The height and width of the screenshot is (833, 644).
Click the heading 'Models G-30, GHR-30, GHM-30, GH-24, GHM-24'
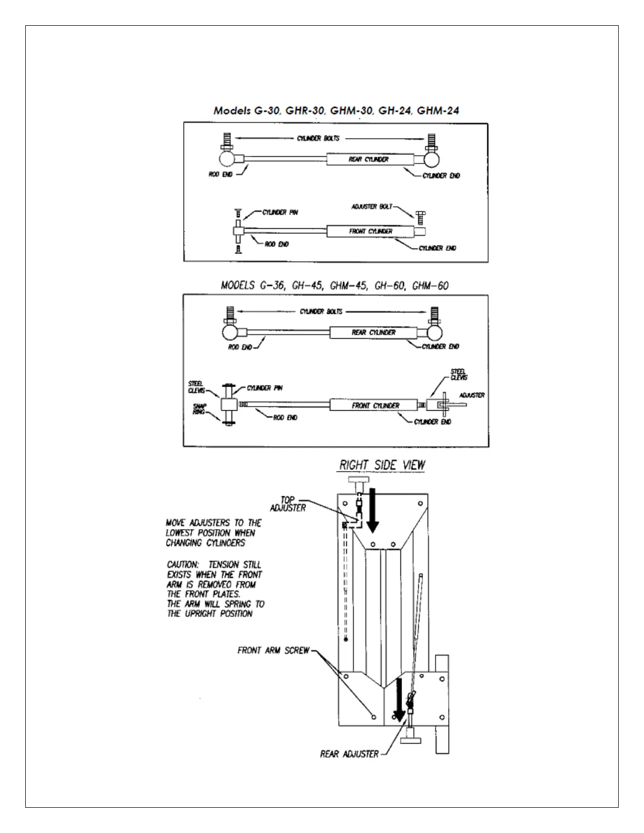(x=336, y=110)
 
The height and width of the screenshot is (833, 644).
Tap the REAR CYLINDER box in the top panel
(x=368, y=159)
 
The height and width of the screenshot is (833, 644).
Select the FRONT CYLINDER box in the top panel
(x=370, y=231)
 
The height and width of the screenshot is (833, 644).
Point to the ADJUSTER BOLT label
(x=371, y=207)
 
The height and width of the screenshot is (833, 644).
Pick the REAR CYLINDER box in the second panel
(x=373, y=332)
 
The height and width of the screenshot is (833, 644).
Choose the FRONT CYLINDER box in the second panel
(x=375, y=405)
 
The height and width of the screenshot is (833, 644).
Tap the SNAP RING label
(x=199, y=409)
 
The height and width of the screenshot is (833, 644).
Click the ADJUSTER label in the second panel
(x=472, y=395)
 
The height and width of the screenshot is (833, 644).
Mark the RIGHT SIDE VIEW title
(x=382, y=465)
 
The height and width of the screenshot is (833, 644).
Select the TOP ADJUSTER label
(x=288, y=504)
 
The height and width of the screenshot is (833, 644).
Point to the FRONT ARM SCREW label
(x=273, y=651)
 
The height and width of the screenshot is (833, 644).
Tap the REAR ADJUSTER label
(x=349, y=754)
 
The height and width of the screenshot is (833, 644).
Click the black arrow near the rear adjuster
(x=399, y=699)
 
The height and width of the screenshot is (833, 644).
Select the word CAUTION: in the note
(x=182, y=565)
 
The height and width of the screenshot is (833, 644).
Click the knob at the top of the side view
(x=358, y=481)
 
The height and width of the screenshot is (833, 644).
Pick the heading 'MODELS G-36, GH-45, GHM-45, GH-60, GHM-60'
(x=335, y=286)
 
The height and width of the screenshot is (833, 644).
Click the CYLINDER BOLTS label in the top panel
(x=318, y=138)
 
